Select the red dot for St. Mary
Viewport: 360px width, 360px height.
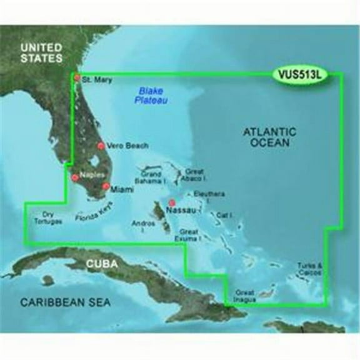pos(77,78)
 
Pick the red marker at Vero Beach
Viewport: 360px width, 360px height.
pos(100,146)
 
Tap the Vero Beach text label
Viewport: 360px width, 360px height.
pos(127,146)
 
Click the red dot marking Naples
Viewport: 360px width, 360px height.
pos(76,177)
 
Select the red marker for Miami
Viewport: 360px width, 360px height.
pos(106,186)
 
